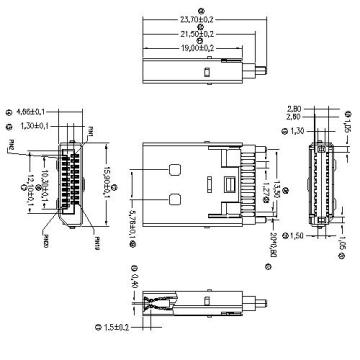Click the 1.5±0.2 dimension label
pos(119,325)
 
